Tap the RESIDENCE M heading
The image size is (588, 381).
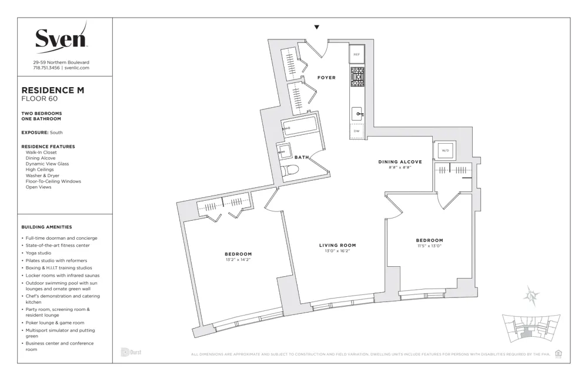(53, 90)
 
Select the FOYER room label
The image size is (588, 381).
(326, 78)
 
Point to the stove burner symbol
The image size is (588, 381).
(357, 76)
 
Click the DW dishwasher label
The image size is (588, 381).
(356, 131)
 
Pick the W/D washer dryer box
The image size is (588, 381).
(445, 151)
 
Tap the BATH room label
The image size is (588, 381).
(302, 157)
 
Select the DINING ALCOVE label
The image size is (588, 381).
(400, 162)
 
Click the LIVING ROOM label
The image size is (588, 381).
(338, 245)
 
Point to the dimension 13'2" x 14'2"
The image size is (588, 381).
(238, 260)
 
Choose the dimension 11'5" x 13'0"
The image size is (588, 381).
(429, 246)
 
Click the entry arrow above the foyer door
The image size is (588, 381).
(317, 27)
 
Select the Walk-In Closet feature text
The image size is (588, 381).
(41, 153)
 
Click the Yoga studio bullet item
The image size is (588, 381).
(39, 253)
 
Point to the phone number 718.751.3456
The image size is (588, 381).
(46, 68)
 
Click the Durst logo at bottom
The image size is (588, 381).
(131, 352)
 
